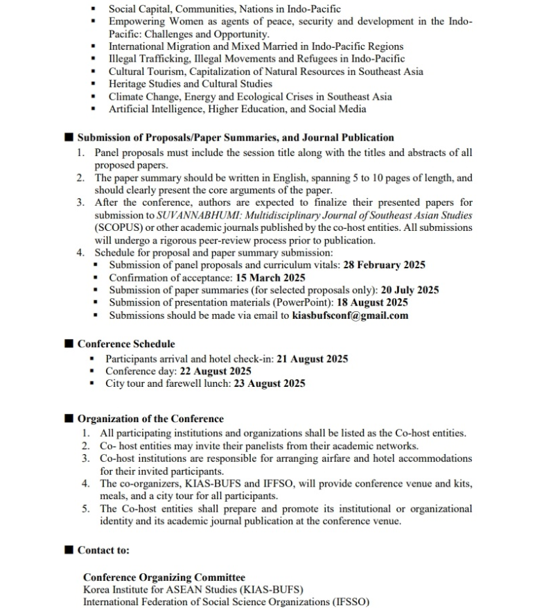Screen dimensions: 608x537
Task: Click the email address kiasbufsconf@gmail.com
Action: click(x=350, y=315)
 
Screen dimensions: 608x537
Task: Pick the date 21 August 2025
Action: click(x=312, y=359)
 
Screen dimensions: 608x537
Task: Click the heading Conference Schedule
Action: click(x=126, y=344)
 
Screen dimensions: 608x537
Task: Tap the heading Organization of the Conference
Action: click(x=150, y=419)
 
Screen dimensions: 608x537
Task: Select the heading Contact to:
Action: click(x=103, y=550)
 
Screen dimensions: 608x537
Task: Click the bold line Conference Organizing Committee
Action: click(x=164, y=577)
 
